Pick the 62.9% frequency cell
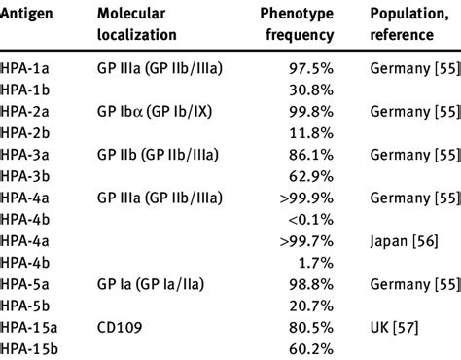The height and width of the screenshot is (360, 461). coord(310,176)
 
